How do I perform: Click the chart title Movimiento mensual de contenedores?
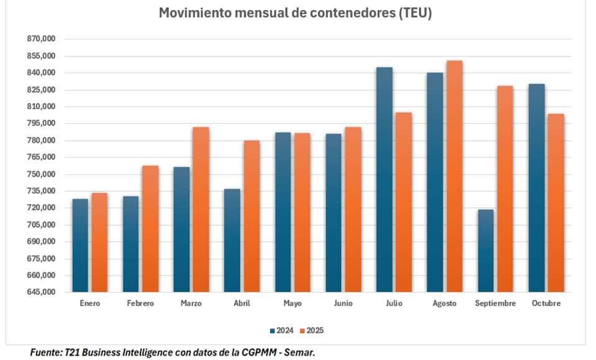tap(295, 13)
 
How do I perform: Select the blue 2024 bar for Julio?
tap(384, 180)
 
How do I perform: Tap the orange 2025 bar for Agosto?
tap(454, 177)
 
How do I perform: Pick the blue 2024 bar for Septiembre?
tap(486, 251)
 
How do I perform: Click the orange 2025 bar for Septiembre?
tap(505, 189)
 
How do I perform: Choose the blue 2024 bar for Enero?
tap(80, 246)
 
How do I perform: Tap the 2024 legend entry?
tap(282, 330)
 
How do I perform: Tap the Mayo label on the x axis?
tap(292, 304)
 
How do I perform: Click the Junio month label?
tap(343, 304)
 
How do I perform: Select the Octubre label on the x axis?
tap(546, 304)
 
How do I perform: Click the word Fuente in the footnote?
tap(45, 353)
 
